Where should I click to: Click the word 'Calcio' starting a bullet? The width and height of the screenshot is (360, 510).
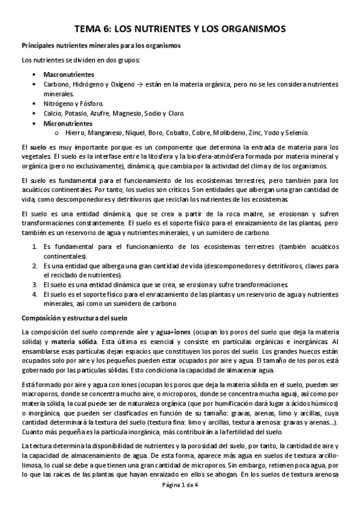(52, 112)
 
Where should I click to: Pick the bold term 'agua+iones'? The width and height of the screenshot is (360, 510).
(174, 332)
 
